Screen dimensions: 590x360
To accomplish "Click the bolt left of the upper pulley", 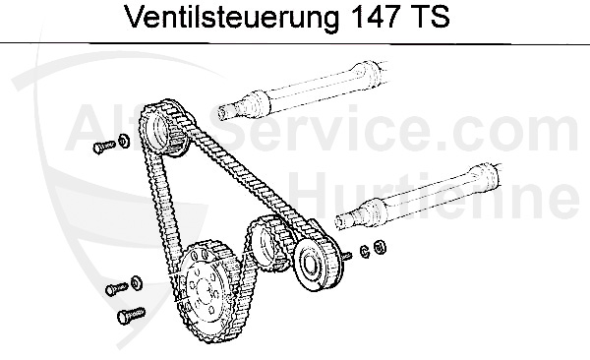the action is point(101,147).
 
